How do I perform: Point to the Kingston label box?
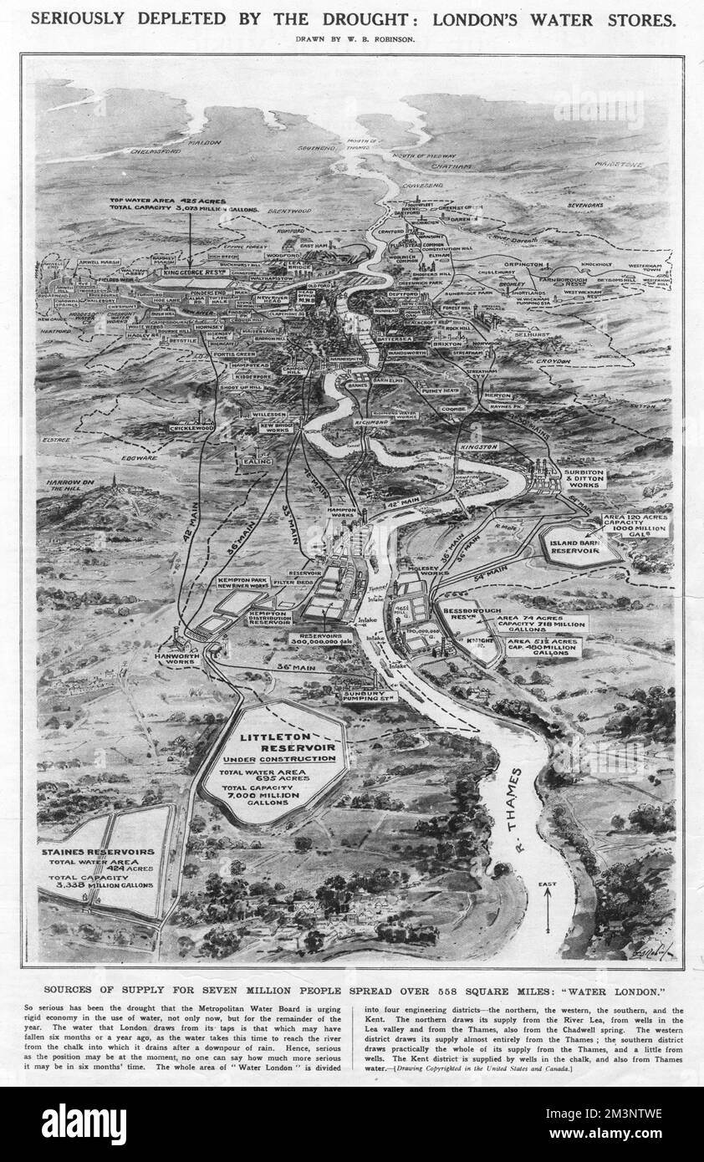pos(479,446)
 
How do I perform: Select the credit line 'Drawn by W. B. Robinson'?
pos(352,38)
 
